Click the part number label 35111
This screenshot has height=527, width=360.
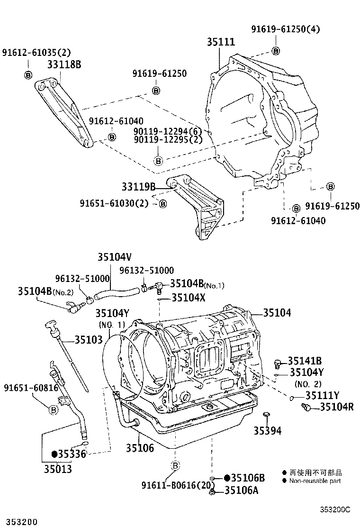[221, 42]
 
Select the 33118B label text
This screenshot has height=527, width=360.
[63, 64]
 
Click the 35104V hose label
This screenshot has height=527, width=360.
[114, 257]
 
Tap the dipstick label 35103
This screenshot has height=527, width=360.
[89, 339]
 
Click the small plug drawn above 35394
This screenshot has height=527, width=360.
[267, 416]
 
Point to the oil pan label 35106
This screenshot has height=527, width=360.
[140, 447]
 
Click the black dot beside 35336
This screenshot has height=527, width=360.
[54, 454]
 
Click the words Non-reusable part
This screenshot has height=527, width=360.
[315, 481]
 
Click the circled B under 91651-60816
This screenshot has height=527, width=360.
[54, 409]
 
